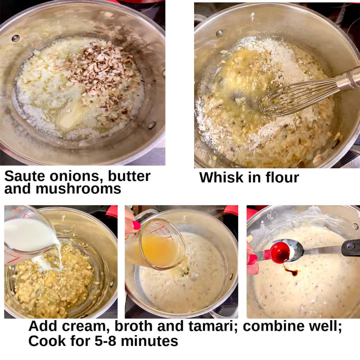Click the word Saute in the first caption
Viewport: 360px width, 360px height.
pos(25,176)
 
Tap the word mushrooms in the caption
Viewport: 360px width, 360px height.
pos(78,189)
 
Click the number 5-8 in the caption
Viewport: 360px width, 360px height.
pos(105,341)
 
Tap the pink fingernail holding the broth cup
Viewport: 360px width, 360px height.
pos(136,225)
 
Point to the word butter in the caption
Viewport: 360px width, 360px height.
pos(129,176)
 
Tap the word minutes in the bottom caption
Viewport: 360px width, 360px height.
pos(149,341)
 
